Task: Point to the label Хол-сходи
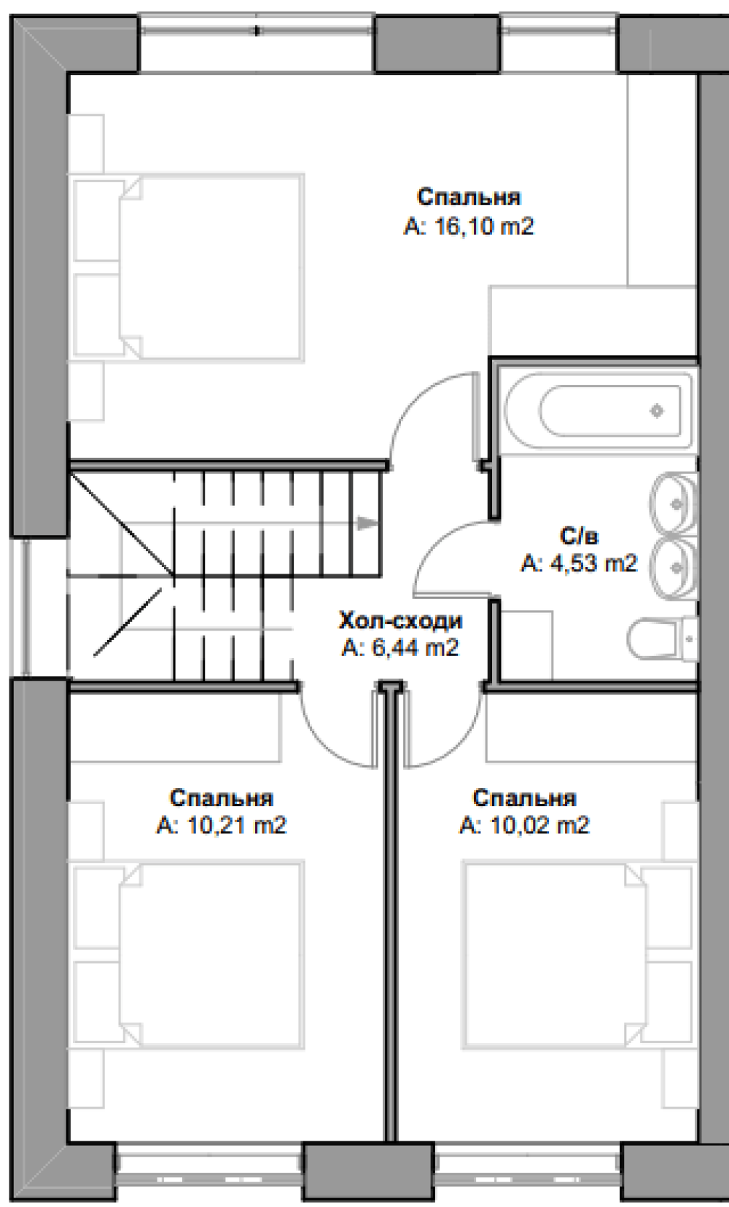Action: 400,621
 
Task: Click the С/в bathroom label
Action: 580,536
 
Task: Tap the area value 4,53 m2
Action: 593,563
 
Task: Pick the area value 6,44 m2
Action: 414,647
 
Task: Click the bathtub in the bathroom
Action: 598,410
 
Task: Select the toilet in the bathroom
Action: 663,640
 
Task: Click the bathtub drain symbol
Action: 657,411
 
